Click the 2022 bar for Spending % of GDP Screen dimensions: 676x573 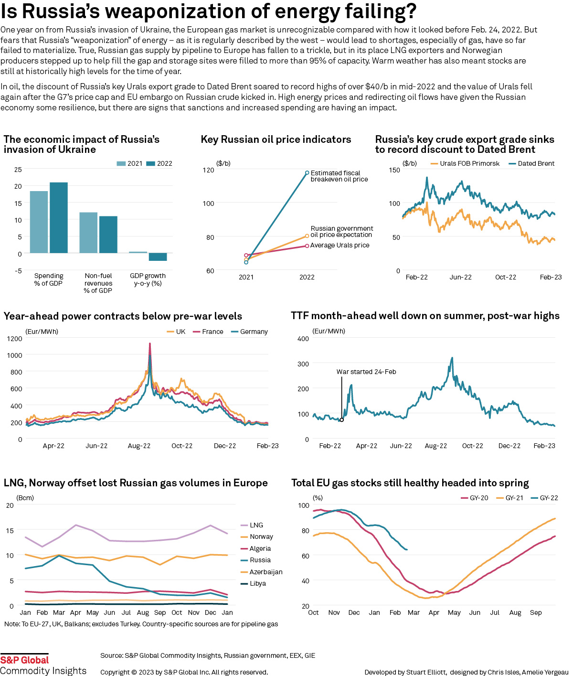(x=59, y=218)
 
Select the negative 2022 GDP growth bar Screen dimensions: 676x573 (x=158, y=257)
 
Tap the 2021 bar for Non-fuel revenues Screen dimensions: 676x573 (x=88, y=233)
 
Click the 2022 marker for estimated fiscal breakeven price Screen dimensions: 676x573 (x=307, y=173)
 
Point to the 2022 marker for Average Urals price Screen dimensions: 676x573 (x=307, y=246)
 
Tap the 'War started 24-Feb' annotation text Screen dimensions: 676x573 (x=366, y=372)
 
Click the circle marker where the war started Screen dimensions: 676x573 (x=342, y=420)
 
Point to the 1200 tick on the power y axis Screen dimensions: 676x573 (x=15, y=339)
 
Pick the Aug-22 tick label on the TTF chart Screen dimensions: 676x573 (x=436, y=446)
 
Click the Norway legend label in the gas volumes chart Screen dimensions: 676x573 (x=261, y=537)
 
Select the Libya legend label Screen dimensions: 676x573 (x=258, y=583)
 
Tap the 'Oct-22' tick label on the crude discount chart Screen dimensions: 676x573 (x=506, y=277)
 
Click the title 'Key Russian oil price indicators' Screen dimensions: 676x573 (x=276, y=139)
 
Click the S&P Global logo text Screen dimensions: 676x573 (x=24, y=660)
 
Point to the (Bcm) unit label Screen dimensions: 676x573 (x=25, y=498)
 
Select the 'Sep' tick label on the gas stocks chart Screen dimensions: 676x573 (x=536, y=612)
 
